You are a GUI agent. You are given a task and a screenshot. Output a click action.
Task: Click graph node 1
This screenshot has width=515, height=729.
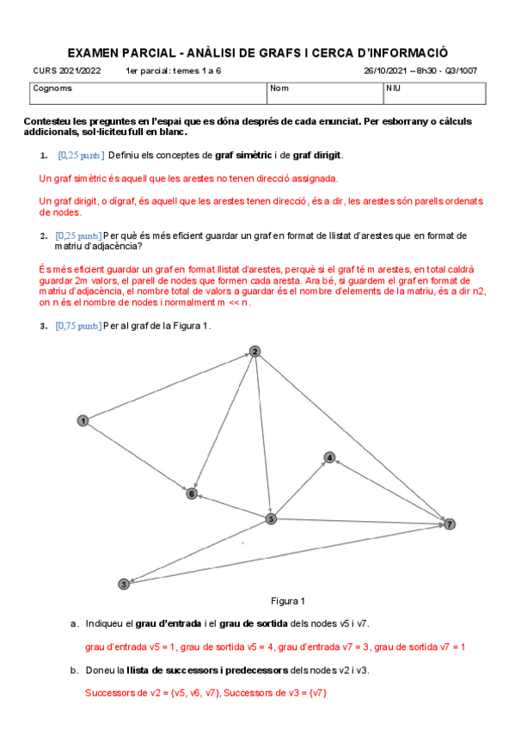coord(83,420)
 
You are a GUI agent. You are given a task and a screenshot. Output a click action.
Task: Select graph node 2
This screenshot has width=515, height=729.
coord(254,351)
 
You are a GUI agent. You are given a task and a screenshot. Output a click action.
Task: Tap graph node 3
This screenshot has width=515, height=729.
coord(124,584)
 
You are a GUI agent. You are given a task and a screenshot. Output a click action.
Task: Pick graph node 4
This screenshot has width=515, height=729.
coord(329,457)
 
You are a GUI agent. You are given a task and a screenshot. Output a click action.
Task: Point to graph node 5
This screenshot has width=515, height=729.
coord(271,518)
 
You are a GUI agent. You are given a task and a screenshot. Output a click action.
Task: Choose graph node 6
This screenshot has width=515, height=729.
coord(192,493)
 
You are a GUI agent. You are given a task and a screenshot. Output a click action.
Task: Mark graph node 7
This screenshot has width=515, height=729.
coord(449,524)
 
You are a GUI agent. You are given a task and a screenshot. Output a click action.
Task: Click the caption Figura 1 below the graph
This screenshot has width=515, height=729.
coord(287,601)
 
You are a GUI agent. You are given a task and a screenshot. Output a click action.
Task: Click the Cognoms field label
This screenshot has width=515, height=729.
coord(52,88)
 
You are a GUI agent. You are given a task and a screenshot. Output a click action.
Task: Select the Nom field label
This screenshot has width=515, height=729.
coord(279,88)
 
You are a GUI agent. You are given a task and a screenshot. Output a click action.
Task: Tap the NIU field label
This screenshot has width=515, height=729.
coord(393,88)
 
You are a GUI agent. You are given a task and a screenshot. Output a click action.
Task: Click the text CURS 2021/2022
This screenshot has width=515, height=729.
coord(66,71)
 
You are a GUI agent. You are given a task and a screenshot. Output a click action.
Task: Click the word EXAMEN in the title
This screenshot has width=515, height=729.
coord(92,52)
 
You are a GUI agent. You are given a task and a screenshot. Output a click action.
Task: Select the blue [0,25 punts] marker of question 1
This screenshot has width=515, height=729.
coord(81,155)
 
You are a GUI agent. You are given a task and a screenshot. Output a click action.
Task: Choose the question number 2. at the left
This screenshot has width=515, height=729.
coord(43,235)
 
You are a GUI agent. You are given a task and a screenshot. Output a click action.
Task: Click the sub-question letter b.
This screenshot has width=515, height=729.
coord(74,670)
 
